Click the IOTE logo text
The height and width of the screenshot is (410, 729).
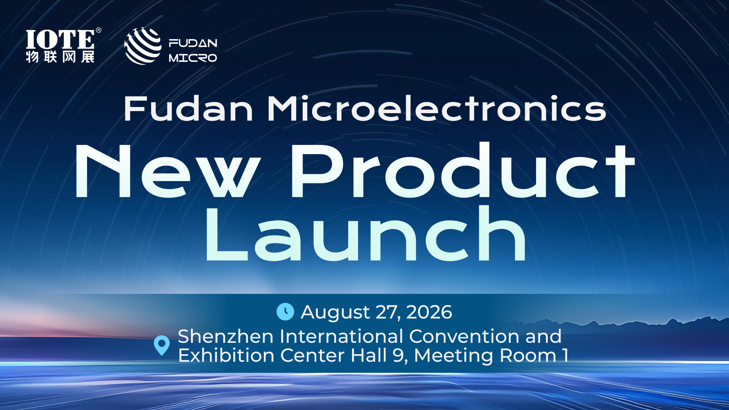(x=60, y=39)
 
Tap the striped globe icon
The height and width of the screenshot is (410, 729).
(x=143, y=46)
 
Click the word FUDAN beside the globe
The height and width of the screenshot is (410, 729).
(x=193, y=43)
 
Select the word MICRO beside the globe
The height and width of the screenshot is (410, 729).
(x=193, y=58)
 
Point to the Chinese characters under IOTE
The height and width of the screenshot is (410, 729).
(x=60, y=57)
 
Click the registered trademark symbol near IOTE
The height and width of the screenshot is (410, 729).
(x=98, y=30)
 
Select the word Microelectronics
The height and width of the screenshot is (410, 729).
(x=437, y=109)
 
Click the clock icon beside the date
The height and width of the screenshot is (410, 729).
(x=285, y=312)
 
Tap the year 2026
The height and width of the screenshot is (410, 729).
(x=429, y=312)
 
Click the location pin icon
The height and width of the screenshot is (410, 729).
(x=162, y=345)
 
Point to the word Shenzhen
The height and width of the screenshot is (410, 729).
(x=226, y=336)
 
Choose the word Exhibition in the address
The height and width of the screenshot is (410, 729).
(x=226, y=355)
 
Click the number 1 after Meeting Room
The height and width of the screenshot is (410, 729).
(x=566, y=356)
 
